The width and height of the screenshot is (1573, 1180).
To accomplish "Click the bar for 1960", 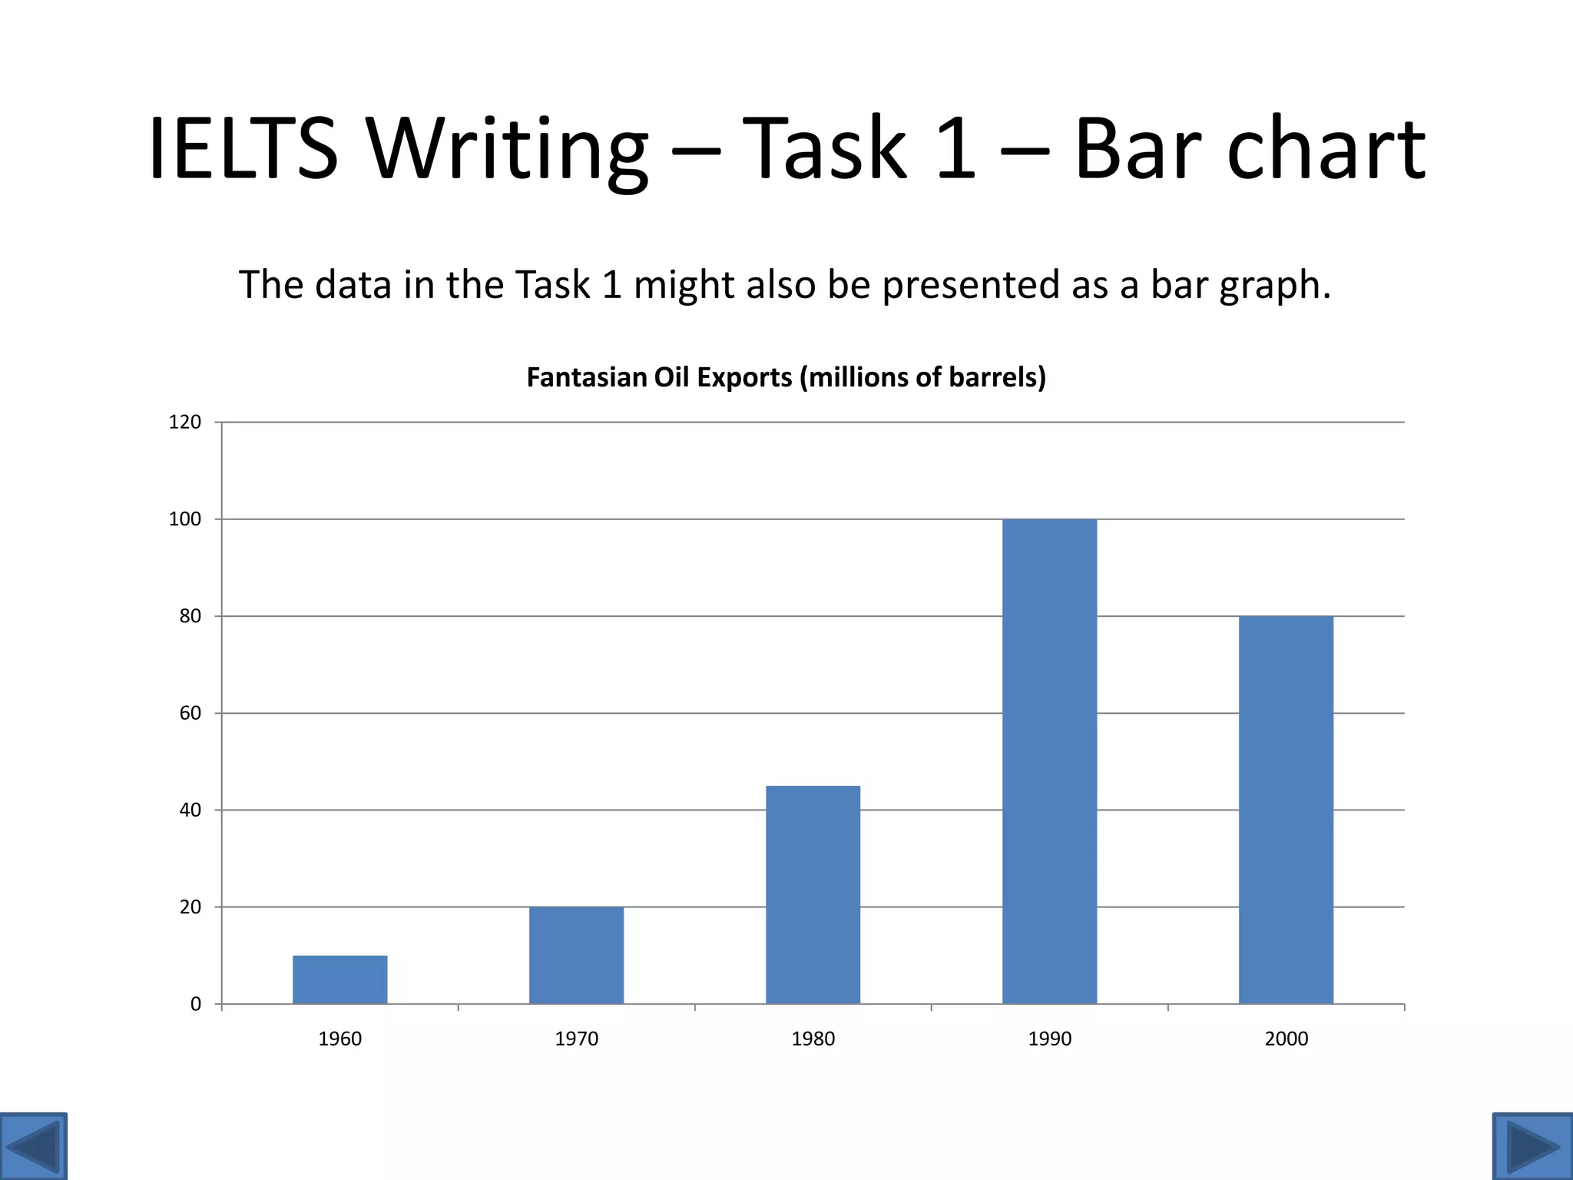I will tap(339, 979).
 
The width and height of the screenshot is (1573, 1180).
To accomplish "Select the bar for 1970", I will tap(576, 955).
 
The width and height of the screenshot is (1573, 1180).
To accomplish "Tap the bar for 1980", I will tap(813, 894).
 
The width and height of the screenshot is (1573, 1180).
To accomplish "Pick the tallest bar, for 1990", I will tap(1049, 761).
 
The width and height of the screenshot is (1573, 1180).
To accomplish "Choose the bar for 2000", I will tap(1286, 810).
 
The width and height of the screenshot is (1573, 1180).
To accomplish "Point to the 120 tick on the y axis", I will tap(184, 422).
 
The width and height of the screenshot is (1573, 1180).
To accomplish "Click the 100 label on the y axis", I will tap(184, 519).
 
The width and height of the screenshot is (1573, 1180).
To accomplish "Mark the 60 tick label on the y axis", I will tap(190, 713).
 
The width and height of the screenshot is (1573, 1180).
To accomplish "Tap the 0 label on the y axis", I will tap(195, 1004).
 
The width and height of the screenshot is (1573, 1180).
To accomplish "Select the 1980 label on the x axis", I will tap(813, 1039).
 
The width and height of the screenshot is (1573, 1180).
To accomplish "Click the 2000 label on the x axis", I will tap(1286, 1039).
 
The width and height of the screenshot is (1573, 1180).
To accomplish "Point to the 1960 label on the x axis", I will tap(339, 1039).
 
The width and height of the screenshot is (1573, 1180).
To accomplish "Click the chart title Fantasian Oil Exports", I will tap(786, 377).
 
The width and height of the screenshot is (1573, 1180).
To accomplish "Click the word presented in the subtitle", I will tap(970, 286).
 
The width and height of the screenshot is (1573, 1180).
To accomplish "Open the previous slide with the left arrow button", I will tap(33, 1146).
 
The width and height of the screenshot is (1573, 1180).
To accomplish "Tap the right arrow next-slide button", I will tap(1532, 1146).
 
